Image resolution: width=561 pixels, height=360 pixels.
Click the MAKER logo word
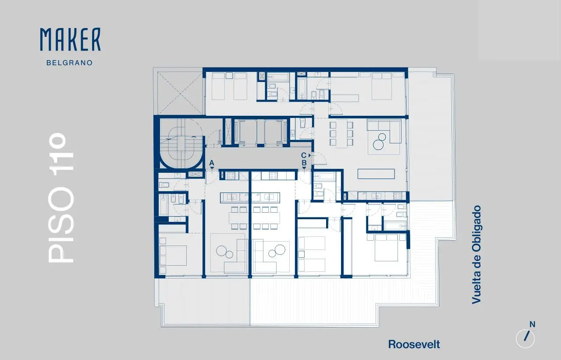pyautogui.click(x=71, y=39)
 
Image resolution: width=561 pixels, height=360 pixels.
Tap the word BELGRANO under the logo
pyautogui.click(x=70, y=63)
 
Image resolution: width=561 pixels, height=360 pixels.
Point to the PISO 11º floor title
pyautogui.click(x=61, y=198)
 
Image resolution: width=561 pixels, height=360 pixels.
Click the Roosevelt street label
pyautogui.click(x=414, y=345)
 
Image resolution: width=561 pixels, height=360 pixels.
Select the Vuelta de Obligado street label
pyautogui.click(x=476, y=255)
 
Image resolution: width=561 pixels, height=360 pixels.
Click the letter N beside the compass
pyautogui.click(x=533, y=324)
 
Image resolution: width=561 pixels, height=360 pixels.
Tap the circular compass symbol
pyautogui.click(x=525, y=339)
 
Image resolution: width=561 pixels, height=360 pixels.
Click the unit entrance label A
pyautogui.click(x=212, y=163)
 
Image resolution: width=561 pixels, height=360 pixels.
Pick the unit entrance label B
pyautogui.click(x=304, y=163)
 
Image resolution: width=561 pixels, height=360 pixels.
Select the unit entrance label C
pyautogui.click(x=304, y=155)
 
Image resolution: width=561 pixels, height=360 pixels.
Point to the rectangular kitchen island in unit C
pyautogui.click(x=376, y=174)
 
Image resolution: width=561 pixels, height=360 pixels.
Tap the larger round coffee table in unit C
pyautogui.click(x=378, y=145)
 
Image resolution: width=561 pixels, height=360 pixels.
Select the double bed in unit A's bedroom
pyautogui.click(x=173, y=255)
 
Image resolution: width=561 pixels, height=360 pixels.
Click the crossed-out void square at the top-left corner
pyautogui.click(x=180, y=93)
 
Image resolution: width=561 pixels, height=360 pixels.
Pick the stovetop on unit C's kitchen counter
pyautogui.click(x=398, y=196)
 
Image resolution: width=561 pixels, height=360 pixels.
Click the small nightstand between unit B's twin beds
pyautogui.click(x=301, y=254)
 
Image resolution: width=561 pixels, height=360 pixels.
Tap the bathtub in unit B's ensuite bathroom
pyautogui.click(x=395, y=225)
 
